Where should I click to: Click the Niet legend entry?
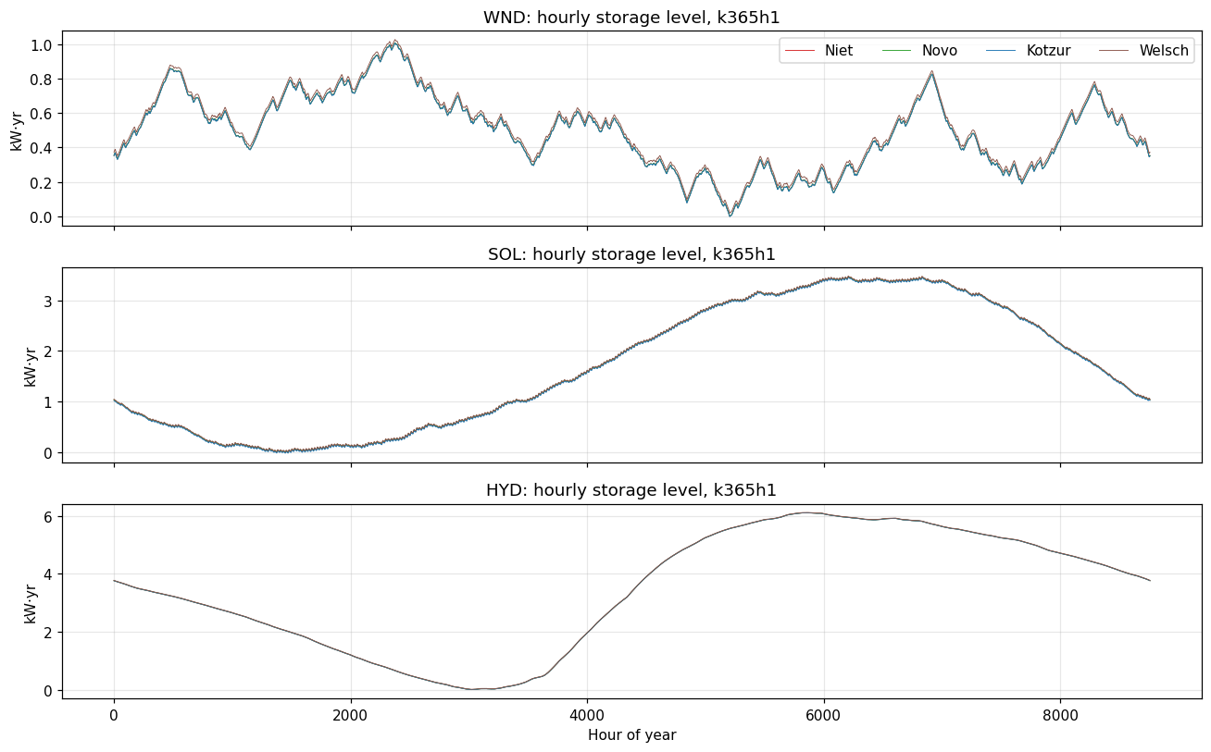[818, 51]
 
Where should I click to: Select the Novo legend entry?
[919, 51]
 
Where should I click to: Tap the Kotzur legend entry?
[1029, 51]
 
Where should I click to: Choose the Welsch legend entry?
[1144, 51]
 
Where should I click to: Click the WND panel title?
[631, 18]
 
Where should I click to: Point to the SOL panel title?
[631, 254]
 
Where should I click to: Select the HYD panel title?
[631, 490]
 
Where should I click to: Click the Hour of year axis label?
[631, 735]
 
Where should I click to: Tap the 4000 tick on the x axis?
[587, 716]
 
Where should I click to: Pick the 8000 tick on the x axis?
[1060, 716]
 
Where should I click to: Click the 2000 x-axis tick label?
[350, 716]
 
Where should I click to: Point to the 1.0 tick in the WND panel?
[41, 44]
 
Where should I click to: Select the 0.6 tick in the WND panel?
[41, 114]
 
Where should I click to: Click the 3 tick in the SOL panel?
[48, 302]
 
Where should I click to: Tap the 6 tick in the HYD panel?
[48, 517]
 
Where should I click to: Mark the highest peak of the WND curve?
[395, 41]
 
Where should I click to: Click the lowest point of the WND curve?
[730, 216]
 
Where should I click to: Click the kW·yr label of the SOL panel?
[30, 367]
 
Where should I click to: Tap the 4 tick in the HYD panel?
[48, 574]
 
